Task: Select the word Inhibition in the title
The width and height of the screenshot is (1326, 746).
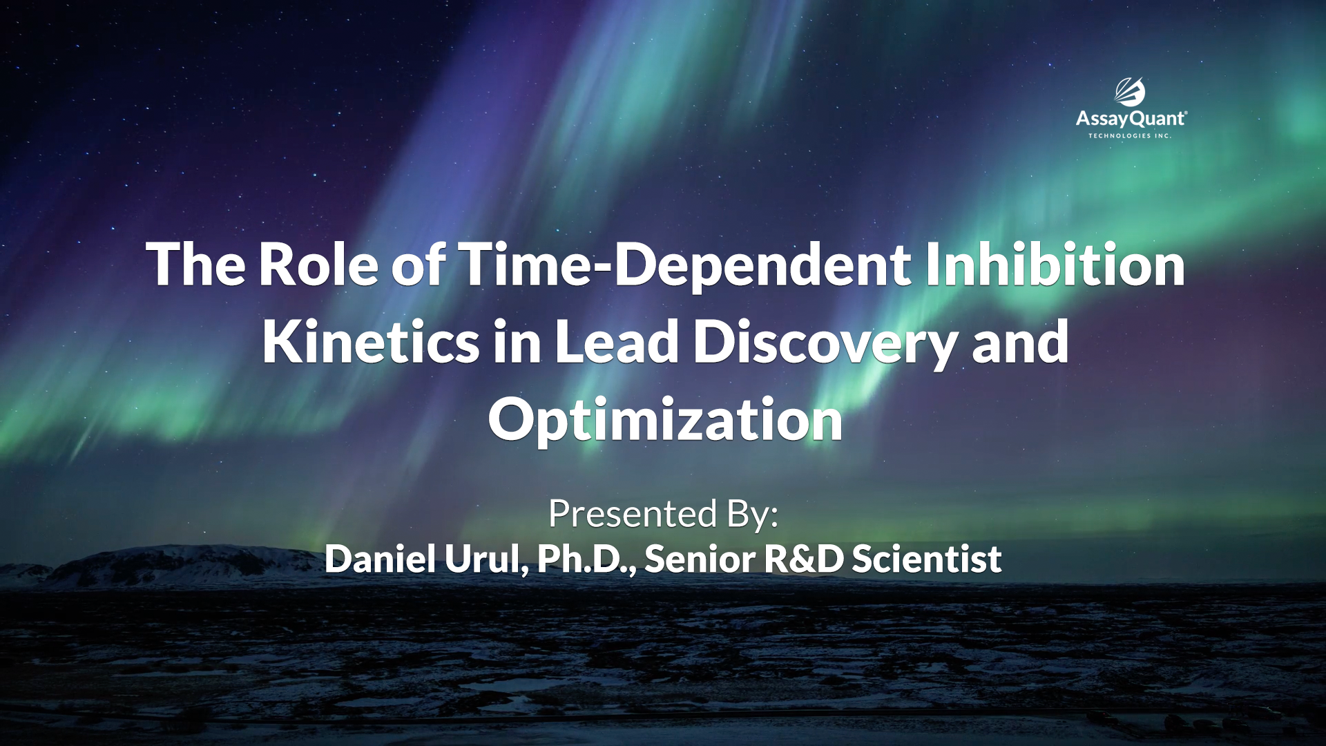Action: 1055,264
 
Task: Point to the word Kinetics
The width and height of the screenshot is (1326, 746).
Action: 370,341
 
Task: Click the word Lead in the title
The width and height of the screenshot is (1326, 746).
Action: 617,341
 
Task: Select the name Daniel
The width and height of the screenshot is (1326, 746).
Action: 380,558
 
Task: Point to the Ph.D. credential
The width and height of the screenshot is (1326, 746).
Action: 587,558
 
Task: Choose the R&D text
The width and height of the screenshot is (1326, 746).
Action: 804,558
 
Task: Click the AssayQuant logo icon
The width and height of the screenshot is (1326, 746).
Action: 1131,91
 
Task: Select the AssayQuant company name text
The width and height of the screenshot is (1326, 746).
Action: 1131,119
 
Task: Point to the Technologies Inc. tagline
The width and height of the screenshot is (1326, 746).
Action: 1130,136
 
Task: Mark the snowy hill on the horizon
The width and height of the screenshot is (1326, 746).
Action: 173,563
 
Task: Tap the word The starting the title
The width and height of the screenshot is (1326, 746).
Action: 196,264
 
